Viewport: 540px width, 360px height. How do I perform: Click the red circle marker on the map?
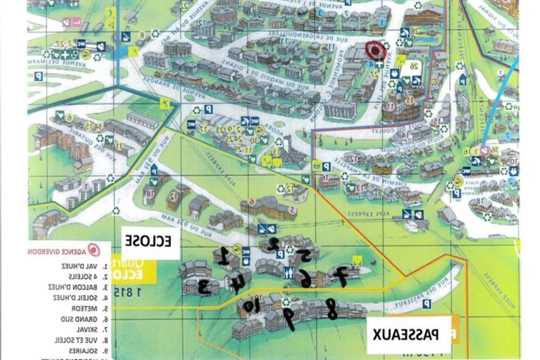click(375, 50)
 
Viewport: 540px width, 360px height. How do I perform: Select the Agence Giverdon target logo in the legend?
click(94, 250)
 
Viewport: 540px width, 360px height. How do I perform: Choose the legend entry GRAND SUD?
click(79, 319)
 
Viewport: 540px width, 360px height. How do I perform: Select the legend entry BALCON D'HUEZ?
click(73, 287)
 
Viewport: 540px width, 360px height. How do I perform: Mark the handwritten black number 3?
click(204, 287)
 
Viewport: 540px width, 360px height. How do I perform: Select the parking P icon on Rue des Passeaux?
click(427, 304)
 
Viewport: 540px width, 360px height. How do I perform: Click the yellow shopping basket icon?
click(316, 165)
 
